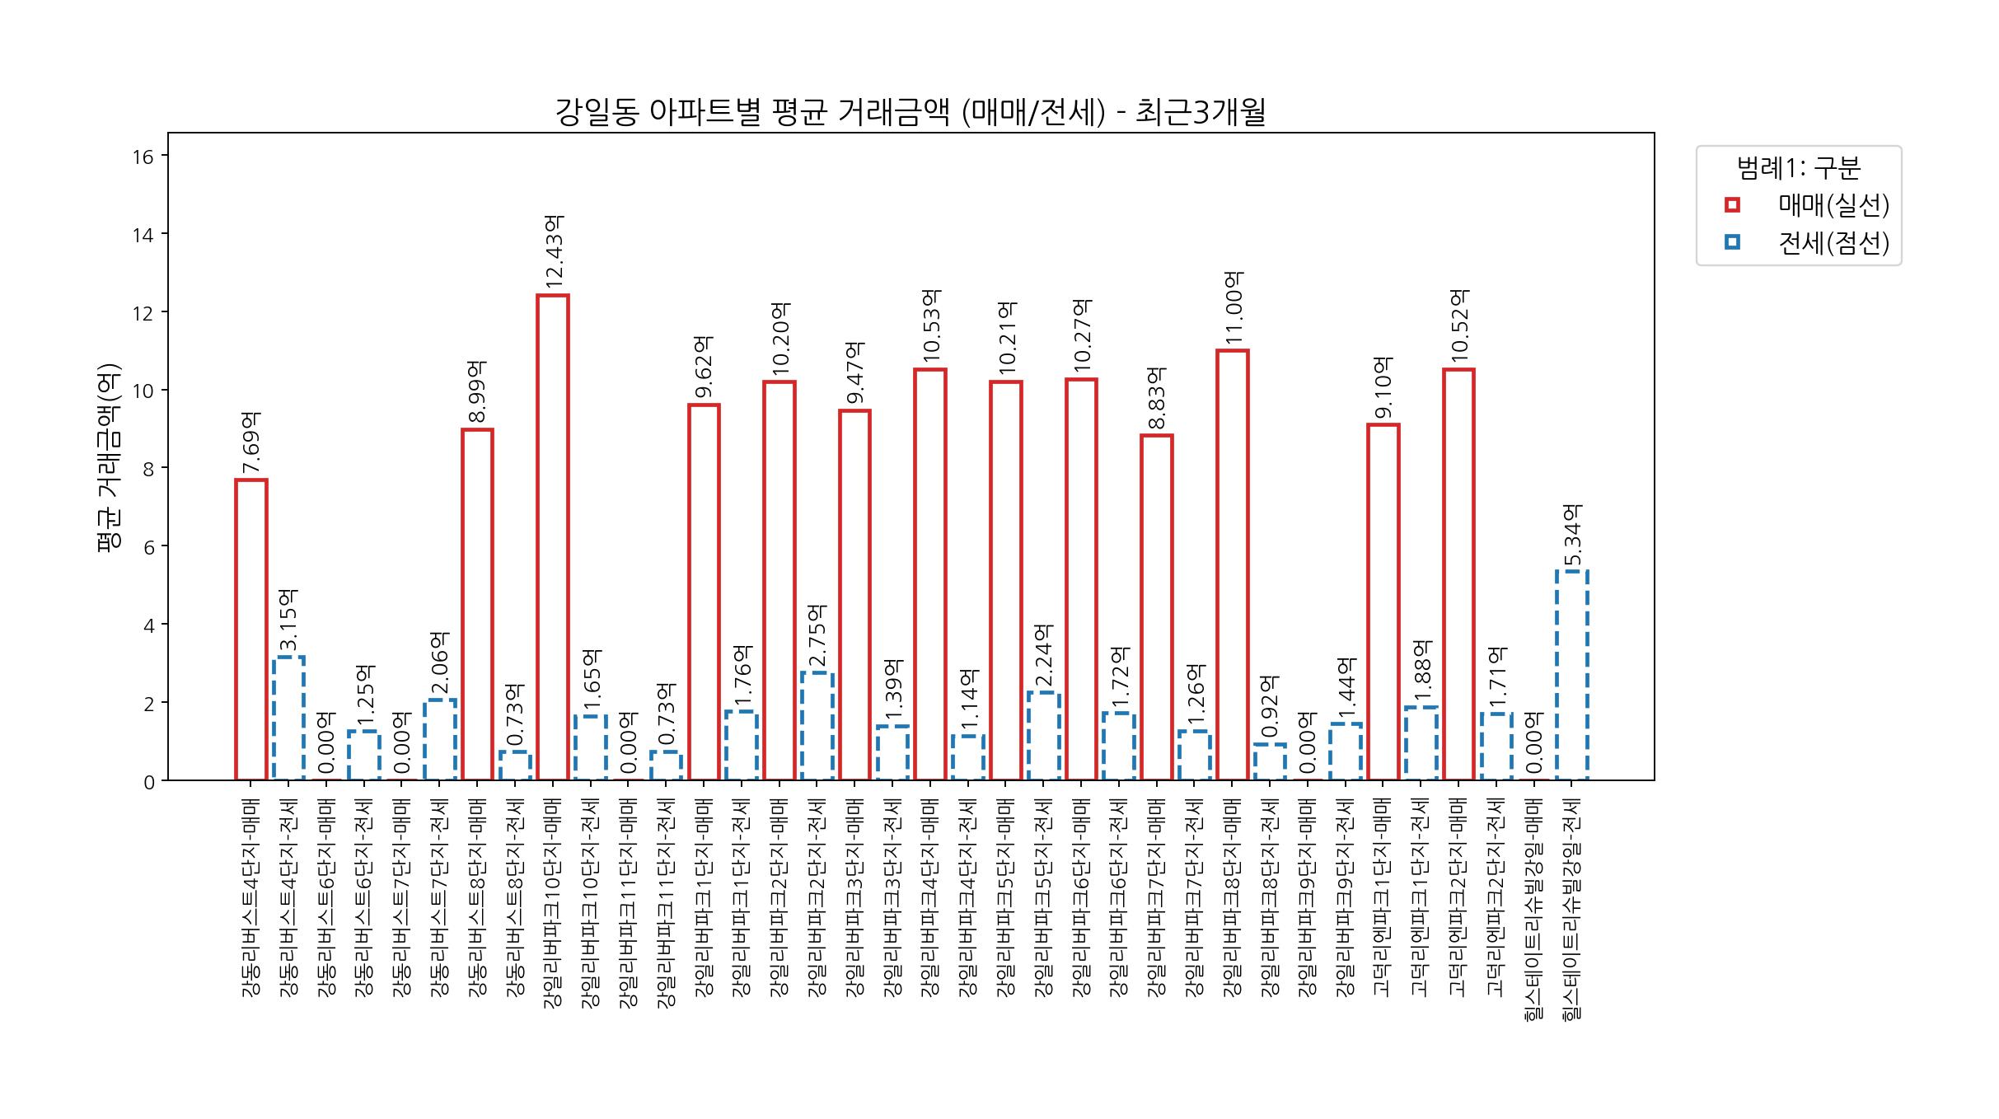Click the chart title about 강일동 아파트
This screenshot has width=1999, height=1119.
tap(911, 113)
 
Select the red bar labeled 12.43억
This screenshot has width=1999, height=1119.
tap(552, 537)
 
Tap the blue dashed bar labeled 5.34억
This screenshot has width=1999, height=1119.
tap(1571, 675)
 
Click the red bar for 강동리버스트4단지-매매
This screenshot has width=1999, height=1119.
tap(250, 630)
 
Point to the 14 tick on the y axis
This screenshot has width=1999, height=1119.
tap(143, 235)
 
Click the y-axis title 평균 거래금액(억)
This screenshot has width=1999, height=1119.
tap(109, 458)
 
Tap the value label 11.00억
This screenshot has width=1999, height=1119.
tap(1234, 309)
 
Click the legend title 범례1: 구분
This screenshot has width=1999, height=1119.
tap(1798, 169)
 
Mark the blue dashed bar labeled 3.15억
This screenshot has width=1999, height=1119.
tap(288, 719)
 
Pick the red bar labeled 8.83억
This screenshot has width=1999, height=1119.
tap(1156, 607)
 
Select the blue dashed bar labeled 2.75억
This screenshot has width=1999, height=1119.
tap(817, 726)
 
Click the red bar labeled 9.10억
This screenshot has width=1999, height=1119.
tap(1383, 602)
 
